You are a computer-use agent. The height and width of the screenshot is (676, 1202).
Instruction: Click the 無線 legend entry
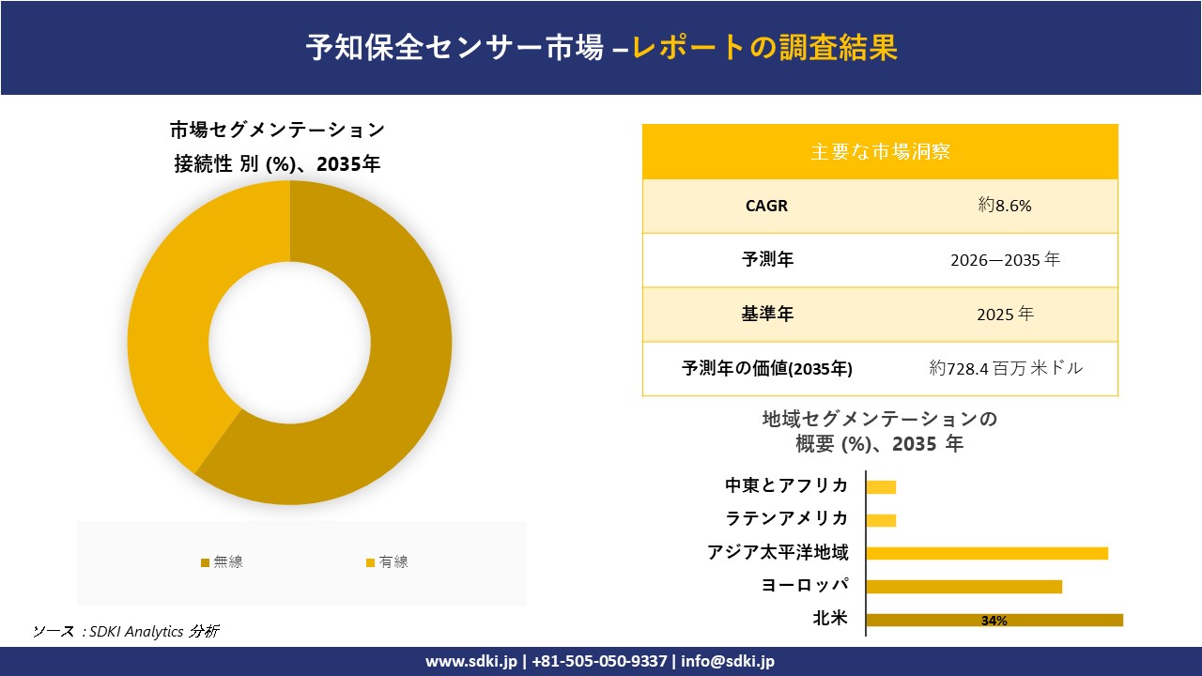(x=222, y=562)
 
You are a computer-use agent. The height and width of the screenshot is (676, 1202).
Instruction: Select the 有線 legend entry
(x=387, y=562)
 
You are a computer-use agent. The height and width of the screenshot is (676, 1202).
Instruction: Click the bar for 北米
(x=994, y=620)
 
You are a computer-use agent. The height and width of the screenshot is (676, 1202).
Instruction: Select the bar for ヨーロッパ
(x=963, y=587)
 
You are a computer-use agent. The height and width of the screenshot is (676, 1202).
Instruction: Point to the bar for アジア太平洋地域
(x=986, y=553)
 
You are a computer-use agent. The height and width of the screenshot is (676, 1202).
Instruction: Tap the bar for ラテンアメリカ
(x=881, y=520)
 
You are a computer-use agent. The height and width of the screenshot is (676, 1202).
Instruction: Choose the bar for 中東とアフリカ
(x=881, y=486)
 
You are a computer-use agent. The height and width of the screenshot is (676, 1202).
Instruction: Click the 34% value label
(x=994, y=621)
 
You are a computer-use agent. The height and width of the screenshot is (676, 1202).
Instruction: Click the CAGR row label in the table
(x=766, y=206)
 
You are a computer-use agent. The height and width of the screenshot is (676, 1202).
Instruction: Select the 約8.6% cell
(x=1005, y=206)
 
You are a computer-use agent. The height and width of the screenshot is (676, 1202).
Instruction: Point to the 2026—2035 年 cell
(x=1005, y=260)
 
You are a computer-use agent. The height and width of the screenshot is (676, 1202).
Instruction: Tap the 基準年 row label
(x=767, y=315)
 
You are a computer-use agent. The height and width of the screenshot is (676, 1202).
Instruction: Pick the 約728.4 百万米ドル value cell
(x=1005, y=369)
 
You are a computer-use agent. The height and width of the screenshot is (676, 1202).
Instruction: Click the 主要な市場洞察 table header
(x=880, y=151)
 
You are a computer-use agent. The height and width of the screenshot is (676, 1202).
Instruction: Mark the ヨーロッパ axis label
(x=805, y=586)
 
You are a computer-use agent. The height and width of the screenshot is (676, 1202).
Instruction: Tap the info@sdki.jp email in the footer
(x=729, y=661)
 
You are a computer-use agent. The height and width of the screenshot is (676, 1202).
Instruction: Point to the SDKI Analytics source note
(x=127, y=631)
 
